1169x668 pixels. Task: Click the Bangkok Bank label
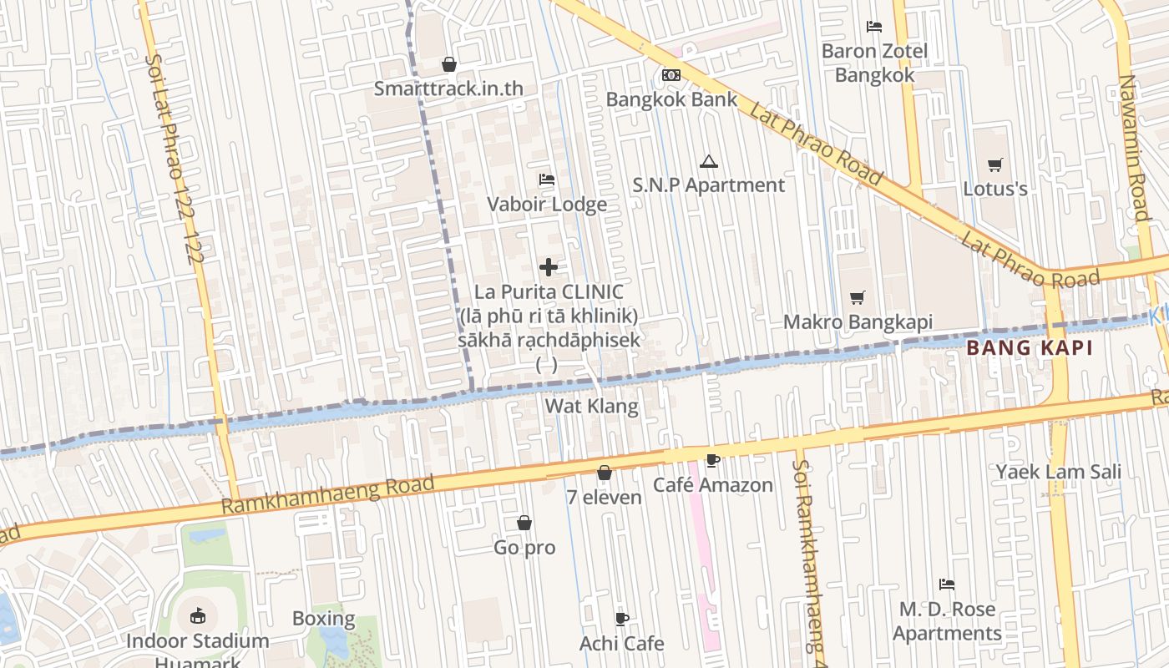tap(671, 99)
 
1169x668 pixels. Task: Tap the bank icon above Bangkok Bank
tap(671, 75)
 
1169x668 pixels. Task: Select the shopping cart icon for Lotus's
tap(994, 164)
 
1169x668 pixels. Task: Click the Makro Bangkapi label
tap(858, 321)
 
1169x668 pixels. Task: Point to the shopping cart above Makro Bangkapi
tap(858, 297)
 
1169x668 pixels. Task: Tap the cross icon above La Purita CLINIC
tap(548, 267)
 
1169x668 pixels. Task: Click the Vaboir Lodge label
tap(547, 204)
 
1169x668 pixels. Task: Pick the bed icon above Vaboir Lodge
tap(547, 180)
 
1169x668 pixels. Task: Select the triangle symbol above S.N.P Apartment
tap(709, 161)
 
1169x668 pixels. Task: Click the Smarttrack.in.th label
tap(448, 88)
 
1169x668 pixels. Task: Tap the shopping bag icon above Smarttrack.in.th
tap(448, 64)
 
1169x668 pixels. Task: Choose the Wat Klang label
tap(591, 407)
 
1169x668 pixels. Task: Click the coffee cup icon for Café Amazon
tap(712, 460)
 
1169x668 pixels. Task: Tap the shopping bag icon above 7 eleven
tap(604, 473)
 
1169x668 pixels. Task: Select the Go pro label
tap(524, 548)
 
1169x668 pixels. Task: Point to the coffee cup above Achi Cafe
tap(621, 619)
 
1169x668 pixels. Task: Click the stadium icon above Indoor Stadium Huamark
tap(198, 617)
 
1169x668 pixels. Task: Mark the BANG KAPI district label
tap(1030, 349)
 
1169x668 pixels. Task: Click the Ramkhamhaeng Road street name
tap(328, 495)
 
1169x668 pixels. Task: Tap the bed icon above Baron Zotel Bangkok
tap(874, 27)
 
